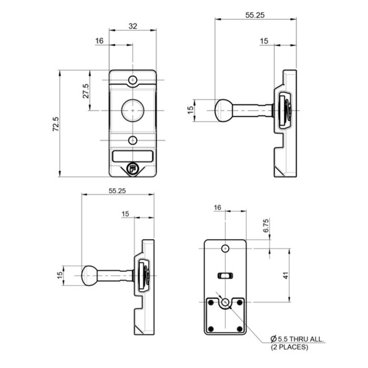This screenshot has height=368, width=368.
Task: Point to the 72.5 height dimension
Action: point(56,127)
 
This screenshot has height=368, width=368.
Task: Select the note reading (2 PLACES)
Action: point(290,347)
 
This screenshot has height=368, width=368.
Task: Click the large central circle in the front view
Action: point(133,110)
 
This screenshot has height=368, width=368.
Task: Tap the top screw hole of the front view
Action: point(133,80)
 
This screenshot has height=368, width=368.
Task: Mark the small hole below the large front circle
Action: point(133,140)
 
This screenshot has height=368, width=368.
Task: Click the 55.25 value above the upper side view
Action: point(254,15)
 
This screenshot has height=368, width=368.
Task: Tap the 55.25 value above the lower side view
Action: point(118,191)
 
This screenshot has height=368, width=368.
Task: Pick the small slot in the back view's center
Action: point(224,274)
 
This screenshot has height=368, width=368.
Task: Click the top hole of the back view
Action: point(225,248)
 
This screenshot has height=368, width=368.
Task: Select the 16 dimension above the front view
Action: point(100,40)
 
